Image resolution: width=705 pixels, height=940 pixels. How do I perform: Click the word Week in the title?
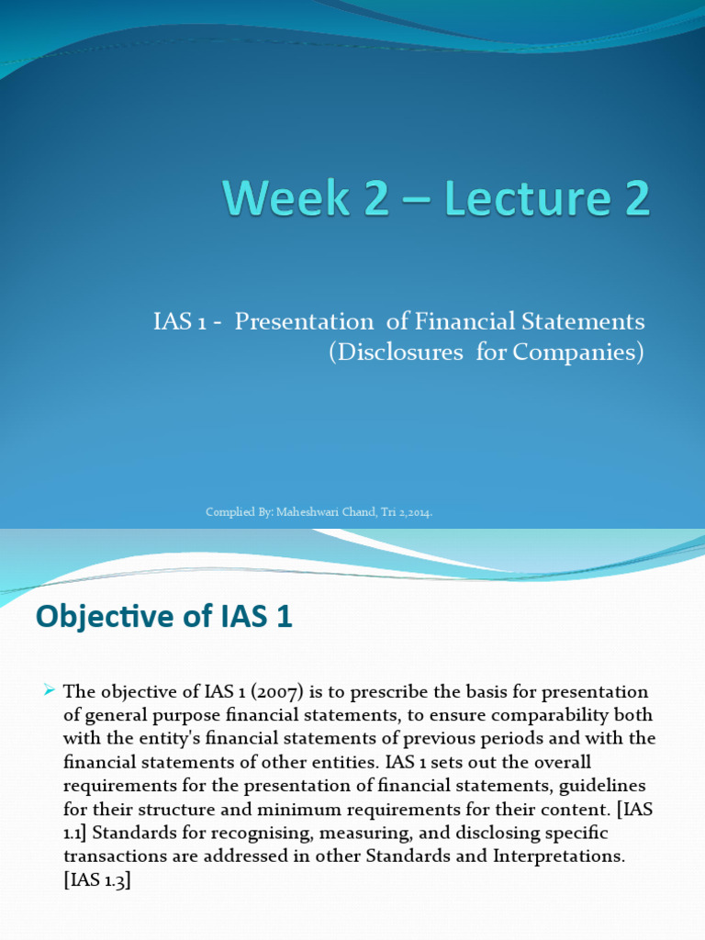coord(286,198)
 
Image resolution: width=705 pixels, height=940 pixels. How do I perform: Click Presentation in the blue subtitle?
coord(304,321)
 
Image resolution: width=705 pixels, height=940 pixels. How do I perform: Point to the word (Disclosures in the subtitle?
coord(396,352)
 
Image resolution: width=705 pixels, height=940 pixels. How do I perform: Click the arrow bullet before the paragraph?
coord(50,690)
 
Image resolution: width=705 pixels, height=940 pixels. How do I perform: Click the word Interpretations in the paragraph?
coord(559,856)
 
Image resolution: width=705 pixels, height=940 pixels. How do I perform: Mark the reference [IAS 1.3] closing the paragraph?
coord(97,880)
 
